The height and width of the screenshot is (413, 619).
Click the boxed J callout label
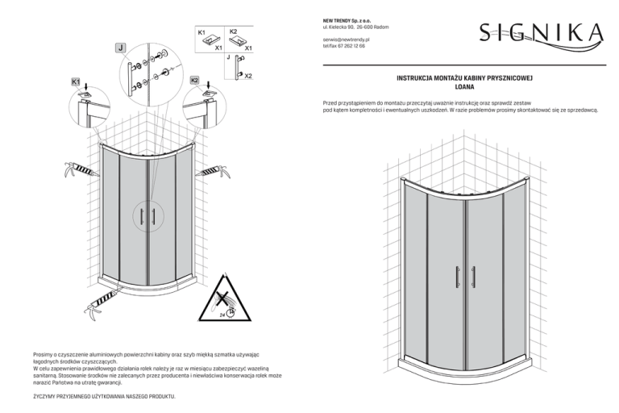(120, 48)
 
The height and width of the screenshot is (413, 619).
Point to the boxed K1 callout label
(75, 81)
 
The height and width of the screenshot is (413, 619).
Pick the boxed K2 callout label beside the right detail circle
(194, 81)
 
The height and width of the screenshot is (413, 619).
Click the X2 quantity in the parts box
(247, 76)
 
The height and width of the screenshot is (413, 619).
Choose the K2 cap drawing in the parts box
(236, 41)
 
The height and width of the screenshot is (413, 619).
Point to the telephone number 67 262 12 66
(348, 46)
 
